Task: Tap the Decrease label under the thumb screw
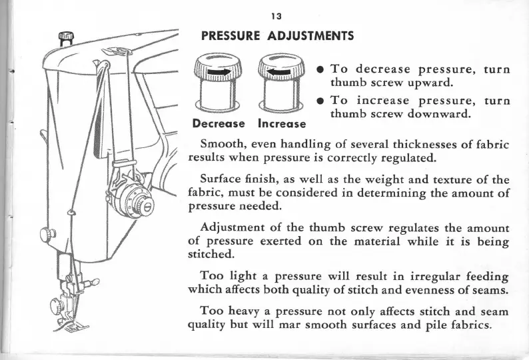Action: pyautogui.click(x=220, y=123)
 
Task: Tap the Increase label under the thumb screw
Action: pyautogui.click(x=281, y=123)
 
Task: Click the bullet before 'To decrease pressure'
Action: pyautogui.click(x=320, y=69)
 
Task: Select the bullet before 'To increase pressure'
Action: pyautogui.click(x=320, y=101)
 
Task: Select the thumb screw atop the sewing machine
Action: pyautogui.click(x=66, y=38)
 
